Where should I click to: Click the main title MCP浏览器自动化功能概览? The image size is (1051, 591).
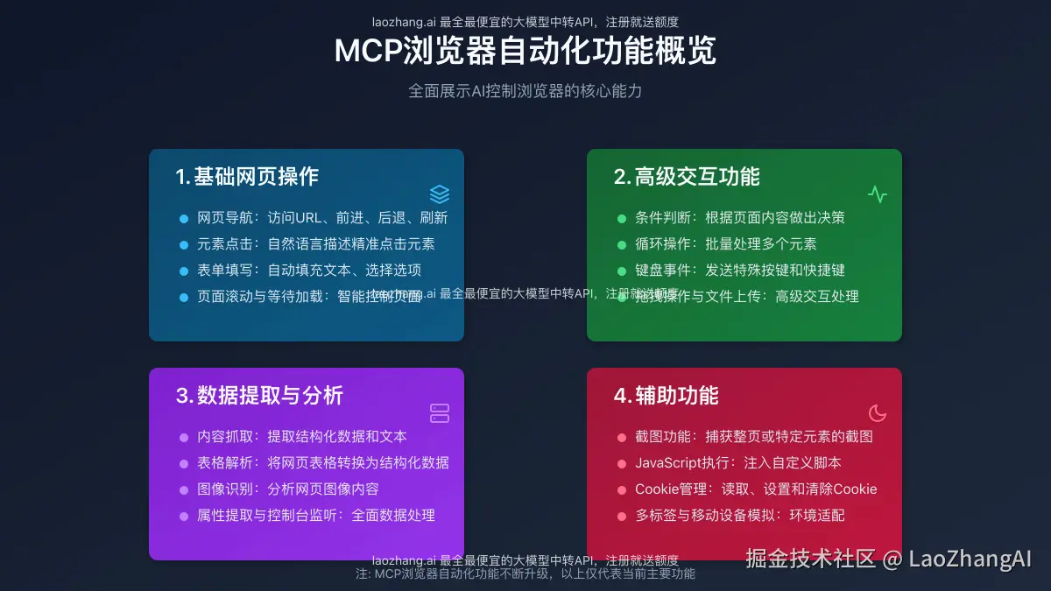point(525,51)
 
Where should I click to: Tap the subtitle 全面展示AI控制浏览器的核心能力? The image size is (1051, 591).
point(525,91)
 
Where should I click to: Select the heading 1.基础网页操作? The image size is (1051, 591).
point(247,177)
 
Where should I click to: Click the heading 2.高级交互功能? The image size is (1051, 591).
point(687,177)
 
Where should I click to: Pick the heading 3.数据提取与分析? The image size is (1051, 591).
point(259,396)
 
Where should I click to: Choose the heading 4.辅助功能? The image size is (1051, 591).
point(666,396)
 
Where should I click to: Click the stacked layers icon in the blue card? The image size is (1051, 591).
point(440,194)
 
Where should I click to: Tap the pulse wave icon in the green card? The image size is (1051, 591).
point(878,194)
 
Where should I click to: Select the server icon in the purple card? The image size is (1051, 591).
point(440,413)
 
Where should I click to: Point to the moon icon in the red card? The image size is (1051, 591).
point(878,413)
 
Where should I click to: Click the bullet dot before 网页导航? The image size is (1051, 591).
point(184,218)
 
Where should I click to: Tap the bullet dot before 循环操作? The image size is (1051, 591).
point(622,244)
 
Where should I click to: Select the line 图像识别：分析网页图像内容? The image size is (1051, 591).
point(288,489)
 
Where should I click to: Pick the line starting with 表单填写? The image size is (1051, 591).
point(309,271)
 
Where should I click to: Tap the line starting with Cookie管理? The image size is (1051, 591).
point(756,489)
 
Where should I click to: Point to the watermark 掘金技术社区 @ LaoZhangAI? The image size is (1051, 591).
point(889,559)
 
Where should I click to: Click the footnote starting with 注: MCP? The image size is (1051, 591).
point(525,574)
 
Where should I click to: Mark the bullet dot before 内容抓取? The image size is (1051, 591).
point(184,437)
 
